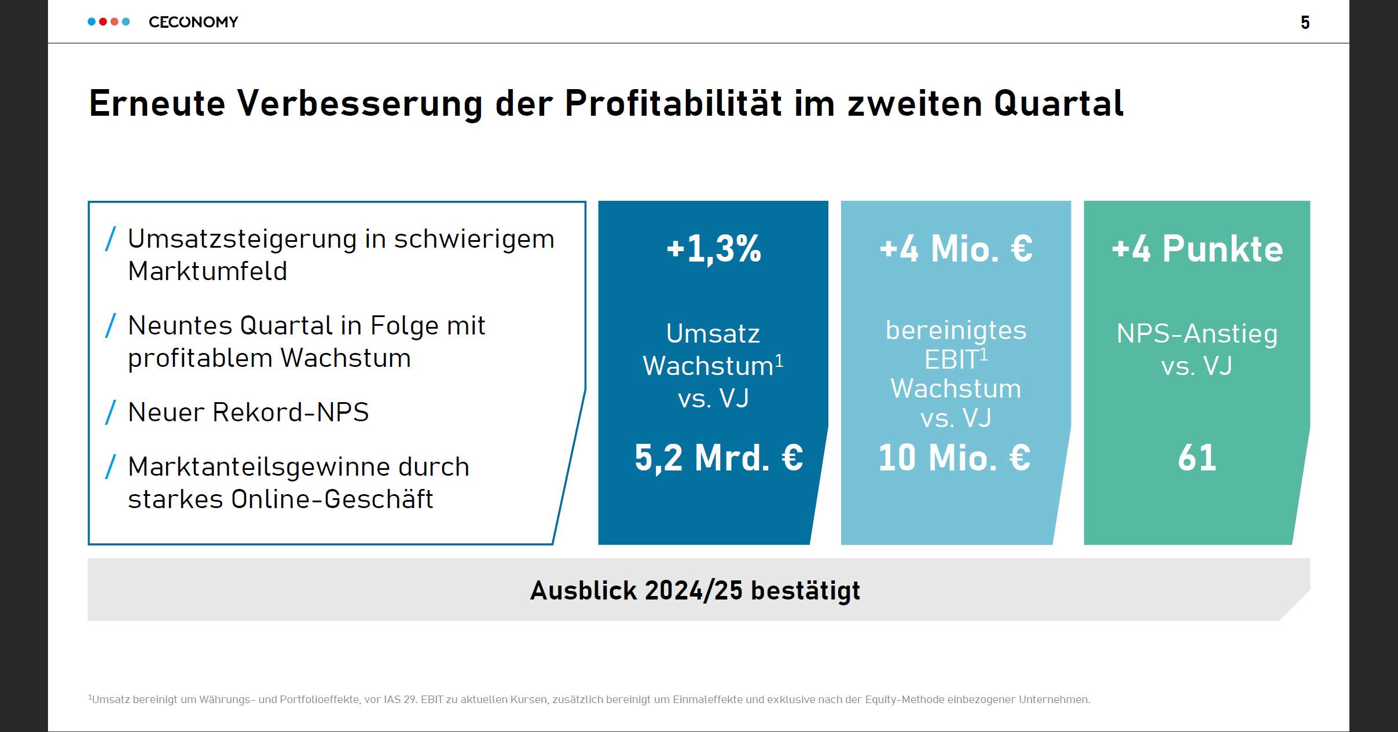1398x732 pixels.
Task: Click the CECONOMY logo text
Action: pos(193,22)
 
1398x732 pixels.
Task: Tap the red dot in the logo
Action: pos(103,22)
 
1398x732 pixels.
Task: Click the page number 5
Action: pos(1305,23)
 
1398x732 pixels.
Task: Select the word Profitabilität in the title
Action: pos(673,104)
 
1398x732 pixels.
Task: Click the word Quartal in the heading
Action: pos(1059,104)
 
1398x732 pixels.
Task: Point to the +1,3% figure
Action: pos(713,249)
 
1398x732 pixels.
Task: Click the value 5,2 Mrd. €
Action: pos(718,458)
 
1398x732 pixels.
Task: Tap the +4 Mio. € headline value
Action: pos(956,249)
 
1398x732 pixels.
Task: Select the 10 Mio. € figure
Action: pos(954,458)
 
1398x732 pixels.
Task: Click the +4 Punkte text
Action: pos(1197,249)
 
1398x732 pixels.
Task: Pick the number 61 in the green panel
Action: pos(1197,458)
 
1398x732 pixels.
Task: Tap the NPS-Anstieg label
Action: pos(1197,334)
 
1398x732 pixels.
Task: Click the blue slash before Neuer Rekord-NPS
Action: pos(111,413)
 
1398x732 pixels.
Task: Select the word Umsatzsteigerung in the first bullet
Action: pos(241,239)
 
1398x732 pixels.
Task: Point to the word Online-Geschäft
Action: pos(332,499)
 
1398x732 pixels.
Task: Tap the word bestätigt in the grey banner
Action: pos(805,591)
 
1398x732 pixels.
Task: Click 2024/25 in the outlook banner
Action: pos(693,591)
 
